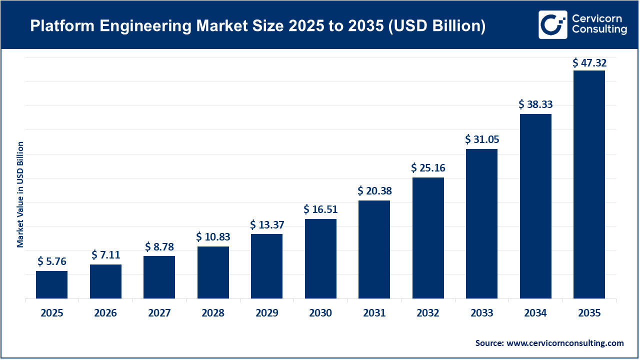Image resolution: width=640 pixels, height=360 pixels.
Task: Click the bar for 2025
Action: tap(51, 284)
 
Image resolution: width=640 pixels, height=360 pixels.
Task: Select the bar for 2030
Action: tap(320, 258)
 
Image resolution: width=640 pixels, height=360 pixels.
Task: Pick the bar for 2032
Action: tap(428, 238)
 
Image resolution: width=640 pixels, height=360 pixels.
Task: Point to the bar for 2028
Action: tap(213, 272)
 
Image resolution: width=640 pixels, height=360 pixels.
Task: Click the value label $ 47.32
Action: tap(589, 62)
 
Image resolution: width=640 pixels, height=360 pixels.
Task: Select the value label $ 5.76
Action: tap(51, 261)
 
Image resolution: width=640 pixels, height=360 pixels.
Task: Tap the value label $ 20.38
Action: tap(374, 190)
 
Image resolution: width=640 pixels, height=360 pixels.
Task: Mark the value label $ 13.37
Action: tap(266, 224)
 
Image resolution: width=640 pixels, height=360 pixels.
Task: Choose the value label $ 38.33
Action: tap(535, 104)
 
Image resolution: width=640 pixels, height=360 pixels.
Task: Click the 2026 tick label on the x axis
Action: tap(105, 313)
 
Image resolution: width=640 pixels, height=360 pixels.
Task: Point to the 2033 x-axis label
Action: tap(481, 313)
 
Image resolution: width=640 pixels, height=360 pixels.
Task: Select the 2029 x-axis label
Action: tap(266, 313)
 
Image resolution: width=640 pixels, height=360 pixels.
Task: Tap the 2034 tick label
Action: tap(535, 313)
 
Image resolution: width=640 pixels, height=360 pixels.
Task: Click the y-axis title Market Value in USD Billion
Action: tap(20, 194)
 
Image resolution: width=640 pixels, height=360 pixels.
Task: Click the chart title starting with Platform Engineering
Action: tap(257, 26)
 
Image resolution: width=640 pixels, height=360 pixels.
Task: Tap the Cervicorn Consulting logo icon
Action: tap(552, 24)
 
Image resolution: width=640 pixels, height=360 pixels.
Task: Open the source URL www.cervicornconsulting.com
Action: tap(565, 343)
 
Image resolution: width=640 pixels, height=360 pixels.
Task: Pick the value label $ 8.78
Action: tap(159, 246)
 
